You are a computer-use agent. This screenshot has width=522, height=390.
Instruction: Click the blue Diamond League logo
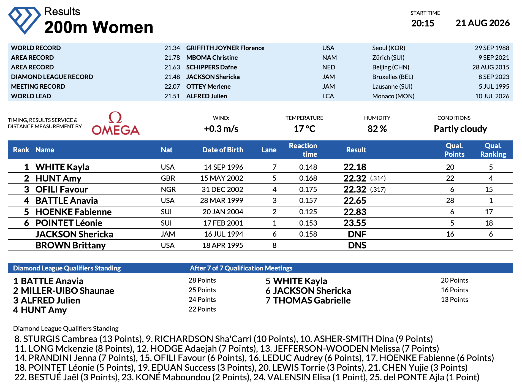pyautogui.click(x=25, y=20)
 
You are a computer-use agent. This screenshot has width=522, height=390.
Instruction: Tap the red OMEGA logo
pyautogui.click(x=116, y=123)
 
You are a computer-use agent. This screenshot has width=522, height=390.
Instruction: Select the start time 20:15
pyautogui.click(x=423, y=23)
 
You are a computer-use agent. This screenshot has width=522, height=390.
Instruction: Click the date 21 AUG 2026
pyautogui.click(x=483, y=23)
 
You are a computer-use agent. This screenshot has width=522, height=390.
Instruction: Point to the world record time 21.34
pyautogui.click(x=172, y=48)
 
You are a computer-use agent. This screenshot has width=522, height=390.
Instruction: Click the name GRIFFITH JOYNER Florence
pyautogui.click(x=225, y=48)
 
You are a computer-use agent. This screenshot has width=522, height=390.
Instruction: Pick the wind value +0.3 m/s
pyautogui.click(x=221, y=129)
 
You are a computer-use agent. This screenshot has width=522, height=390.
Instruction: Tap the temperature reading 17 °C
pyautogui.click(x=304, y=129)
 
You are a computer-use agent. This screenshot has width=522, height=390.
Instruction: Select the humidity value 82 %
pyautogui.click(x=377, y=129)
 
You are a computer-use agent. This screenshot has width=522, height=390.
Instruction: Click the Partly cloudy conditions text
pyautogui.click(x=460, y=129)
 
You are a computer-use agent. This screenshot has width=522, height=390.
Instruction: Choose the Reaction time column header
pyautogui.click(x=303, y=150)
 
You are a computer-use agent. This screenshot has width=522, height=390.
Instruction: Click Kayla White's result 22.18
pyautogui.click(x=355, y=167)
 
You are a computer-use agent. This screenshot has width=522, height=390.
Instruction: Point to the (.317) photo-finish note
pyautogui.click(x=378, y=189)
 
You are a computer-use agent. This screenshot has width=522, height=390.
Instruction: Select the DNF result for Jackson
pyautogui.click(x=357, y=234)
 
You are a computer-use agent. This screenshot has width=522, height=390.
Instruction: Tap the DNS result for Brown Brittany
pyautogui.click(x=357, y=245)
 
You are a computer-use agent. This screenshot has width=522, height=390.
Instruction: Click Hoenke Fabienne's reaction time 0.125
pyautogui.click(x=308, y=212)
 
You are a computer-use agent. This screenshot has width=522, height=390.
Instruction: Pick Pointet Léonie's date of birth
pyautogui.click(x=223, y=223)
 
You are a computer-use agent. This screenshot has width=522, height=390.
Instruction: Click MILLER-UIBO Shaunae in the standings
pyautogui.click(x=67, y=291)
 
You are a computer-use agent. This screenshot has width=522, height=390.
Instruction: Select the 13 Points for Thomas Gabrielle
pyautogui.click(x=454, y=300)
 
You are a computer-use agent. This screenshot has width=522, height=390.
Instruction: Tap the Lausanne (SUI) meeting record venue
pyautogui.click(x=392, y=86)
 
